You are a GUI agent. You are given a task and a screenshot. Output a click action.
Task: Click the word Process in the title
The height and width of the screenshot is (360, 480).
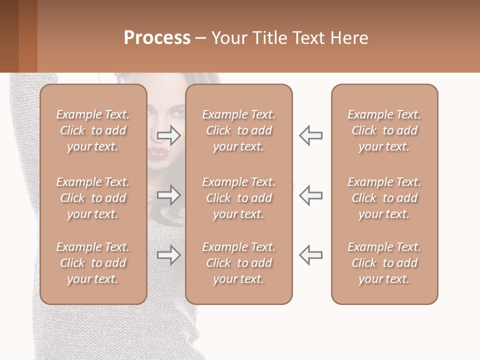point(157,38)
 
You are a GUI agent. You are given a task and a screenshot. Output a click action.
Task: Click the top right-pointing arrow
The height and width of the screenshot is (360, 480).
point(169,135)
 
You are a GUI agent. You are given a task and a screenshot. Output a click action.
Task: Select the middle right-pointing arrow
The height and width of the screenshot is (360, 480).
point(169,194)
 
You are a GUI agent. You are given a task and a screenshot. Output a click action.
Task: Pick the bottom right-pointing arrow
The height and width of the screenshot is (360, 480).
point(169,255)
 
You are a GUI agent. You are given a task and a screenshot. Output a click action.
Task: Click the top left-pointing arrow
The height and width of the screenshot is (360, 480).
point(311,135)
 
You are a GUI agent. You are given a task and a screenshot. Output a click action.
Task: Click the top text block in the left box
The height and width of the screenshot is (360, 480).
point(93,130)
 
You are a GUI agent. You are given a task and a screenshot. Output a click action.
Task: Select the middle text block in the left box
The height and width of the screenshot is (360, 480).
point(93,198)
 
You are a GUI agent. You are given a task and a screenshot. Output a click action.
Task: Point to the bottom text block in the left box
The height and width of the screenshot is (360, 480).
point(93,263)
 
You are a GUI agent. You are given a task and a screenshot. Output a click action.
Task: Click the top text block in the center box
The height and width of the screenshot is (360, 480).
point(239,130)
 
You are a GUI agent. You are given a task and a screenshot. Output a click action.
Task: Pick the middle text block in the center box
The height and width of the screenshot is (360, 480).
point(239,198)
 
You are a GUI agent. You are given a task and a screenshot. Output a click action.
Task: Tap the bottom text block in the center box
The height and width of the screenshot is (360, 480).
point(239,263)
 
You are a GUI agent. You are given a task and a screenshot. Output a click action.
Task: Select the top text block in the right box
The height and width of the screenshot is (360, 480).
point(384,130)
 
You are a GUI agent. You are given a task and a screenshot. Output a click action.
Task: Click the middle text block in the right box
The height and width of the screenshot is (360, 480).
point(384,198)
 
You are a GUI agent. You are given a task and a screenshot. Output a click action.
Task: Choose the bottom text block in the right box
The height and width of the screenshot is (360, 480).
point(384,263)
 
